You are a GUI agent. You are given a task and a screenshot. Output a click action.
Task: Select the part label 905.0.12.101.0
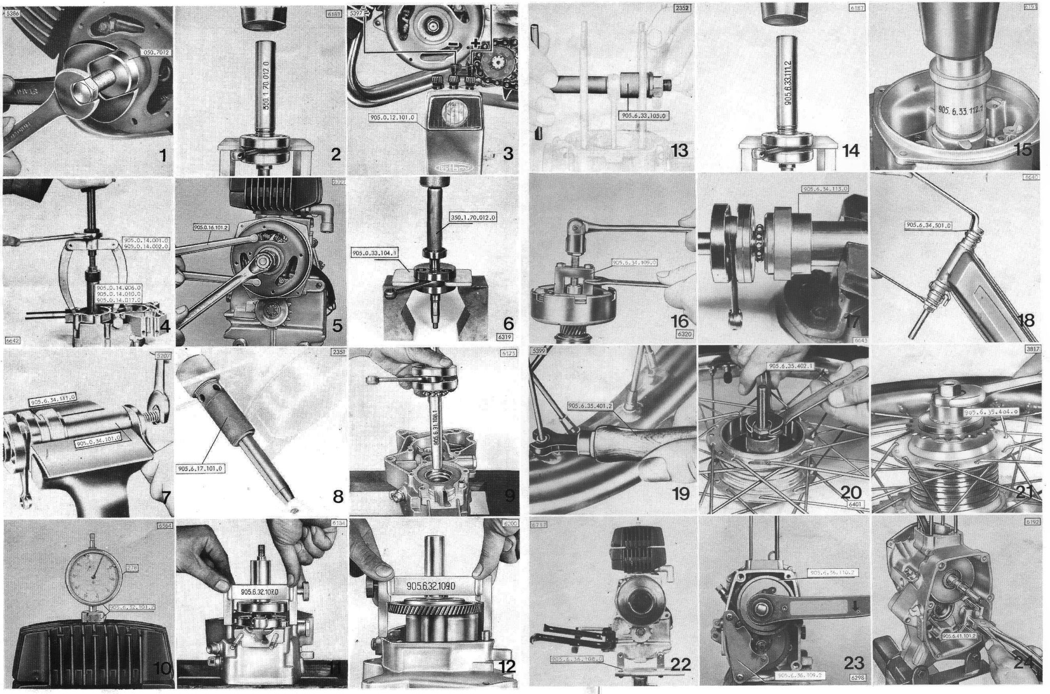pos(392,117)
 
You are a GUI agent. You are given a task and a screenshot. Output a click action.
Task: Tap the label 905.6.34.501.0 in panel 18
pos(928,225)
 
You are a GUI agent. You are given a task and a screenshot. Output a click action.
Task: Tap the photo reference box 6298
pos(857,678)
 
